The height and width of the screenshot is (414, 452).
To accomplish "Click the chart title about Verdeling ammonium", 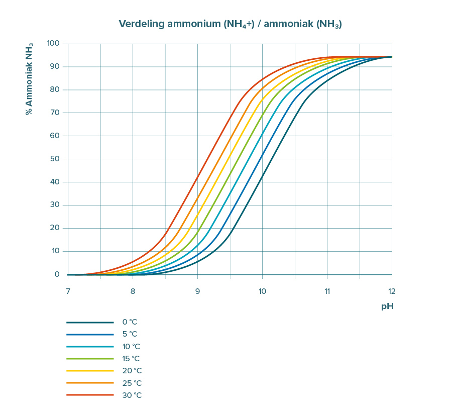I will click(x=230, y=24).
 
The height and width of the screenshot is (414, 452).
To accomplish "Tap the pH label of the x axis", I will click(x=387, y=306).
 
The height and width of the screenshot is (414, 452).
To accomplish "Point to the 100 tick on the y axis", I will click(x=53, y=44).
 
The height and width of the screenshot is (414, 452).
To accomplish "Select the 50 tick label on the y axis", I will click(x=55, y=159).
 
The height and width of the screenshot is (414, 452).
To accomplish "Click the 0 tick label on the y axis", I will click(x=57, y=274).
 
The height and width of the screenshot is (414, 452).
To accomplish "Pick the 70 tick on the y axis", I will click(x=55, y=113).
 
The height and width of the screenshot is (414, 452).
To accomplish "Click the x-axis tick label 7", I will click(x=68, y=290).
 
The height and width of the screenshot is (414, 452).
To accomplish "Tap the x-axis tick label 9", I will click(x=197, y=290).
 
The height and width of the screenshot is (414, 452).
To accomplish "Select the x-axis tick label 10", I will click(x=262, y=290).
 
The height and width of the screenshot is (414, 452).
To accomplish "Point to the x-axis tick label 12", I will click(x=391, y=290).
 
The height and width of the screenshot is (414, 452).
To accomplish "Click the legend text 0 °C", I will click(x=129, y=322).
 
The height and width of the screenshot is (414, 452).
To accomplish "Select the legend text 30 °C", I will click(x=132, y=395).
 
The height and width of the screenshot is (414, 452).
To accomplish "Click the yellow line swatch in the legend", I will click(x=90, y=371).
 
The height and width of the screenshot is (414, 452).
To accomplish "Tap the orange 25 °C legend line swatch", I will click(x=90, y=383).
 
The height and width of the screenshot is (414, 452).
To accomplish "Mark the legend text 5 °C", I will click(x=129, y=334).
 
